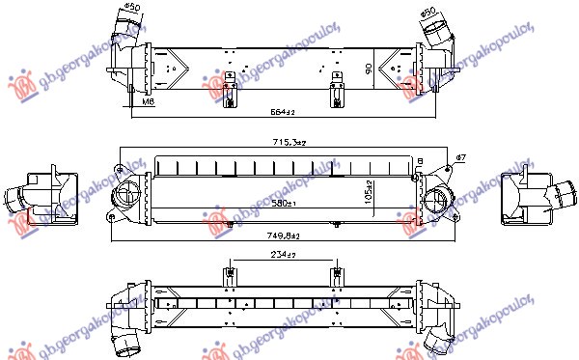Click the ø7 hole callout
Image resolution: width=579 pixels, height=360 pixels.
coord(460,157)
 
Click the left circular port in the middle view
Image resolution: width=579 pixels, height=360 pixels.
coord(127,197)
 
